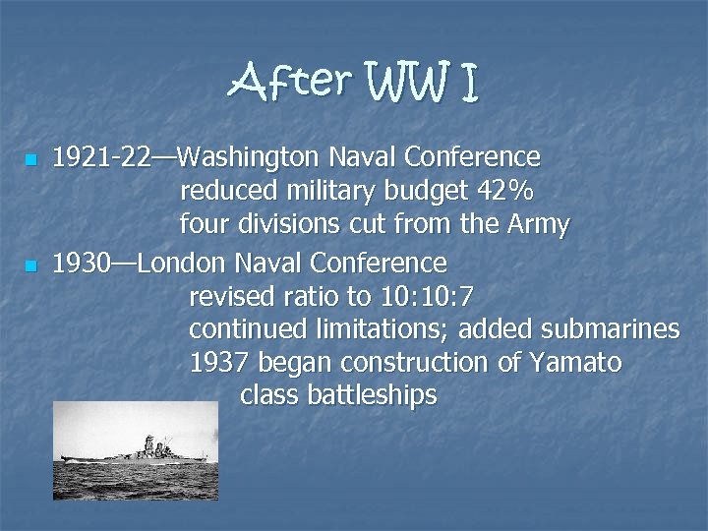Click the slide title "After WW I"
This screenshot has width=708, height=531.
(353, 82)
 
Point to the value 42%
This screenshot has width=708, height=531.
(501, 192)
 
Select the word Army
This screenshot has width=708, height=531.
(537, 226)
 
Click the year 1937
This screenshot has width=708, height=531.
(222, 364)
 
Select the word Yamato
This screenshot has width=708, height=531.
(575, 364)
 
